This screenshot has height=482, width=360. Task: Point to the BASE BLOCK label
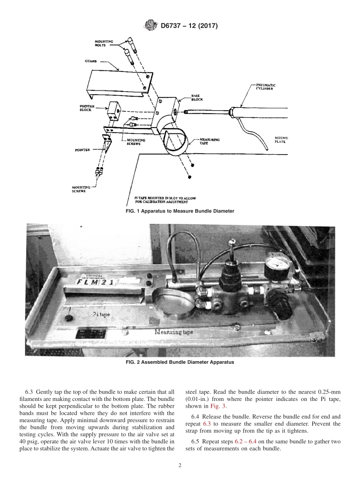(x=197, y=98)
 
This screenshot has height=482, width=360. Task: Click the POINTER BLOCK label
(x=86, y=108)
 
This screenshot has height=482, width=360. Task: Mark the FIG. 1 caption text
(x=180, y=211)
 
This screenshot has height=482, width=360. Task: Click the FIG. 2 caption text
(x=180, y=362)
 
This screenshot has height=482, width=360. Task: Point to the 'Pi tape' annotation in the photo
(x=101, y=314)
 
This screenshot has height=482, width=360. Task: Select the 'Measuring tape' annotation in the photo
(x=174, y=332)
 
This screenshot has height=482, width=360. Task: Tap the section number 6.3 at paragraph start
(x=29, y=392)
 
